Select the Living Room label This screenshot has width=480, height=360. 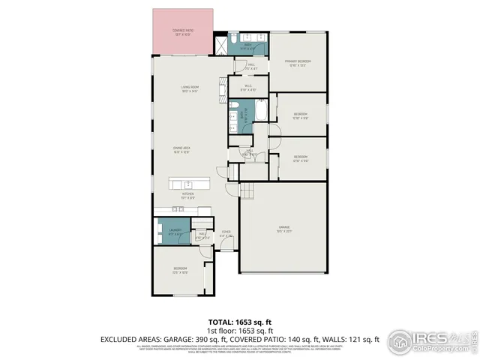point(189,88)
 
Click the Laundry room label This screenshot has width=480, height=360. point(175,232)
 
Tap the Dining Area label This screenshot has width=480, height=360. point(181,150)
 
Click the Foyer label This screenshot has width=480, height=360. point(226,234)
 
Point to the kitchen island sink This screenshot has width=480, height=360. point(187,183)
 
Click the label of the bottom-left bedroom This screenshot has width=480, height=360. point(181,269)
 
